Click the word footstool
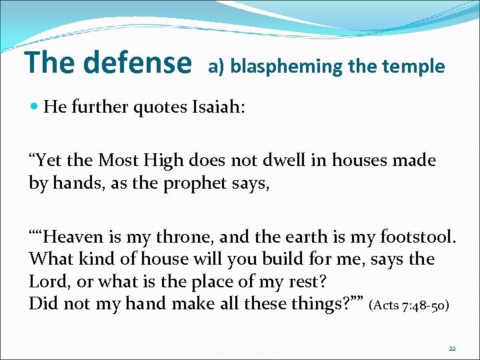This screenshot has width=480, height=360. click(418, 237)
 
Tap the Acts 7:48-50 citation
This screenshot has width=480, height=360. click(409, 305)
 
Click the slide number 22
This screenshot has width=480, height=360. click(451, 349)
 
